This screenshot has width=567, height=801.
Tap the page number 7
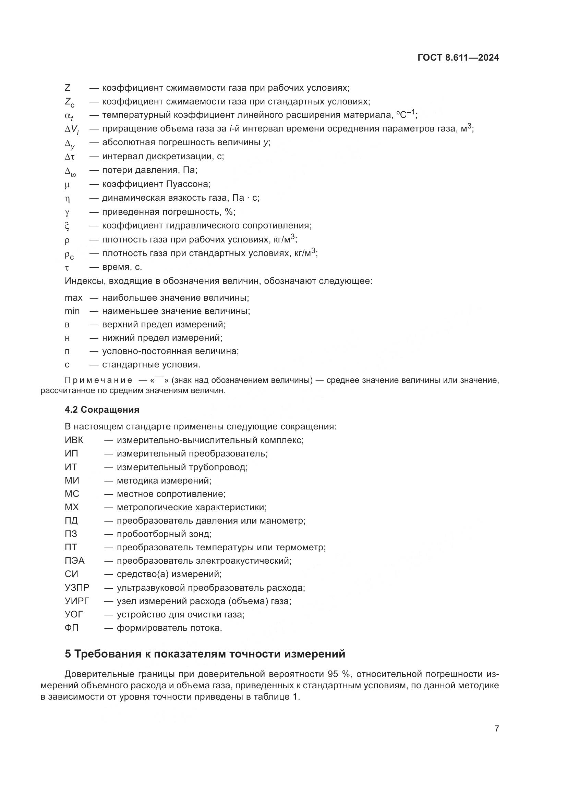point(496,728)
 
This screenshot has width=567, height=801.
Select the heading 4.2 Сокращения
point(102,410)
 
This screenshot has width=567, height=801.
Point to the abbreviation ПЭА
point(74,561)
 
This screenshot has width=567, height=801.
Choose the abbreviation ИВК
point(74,440)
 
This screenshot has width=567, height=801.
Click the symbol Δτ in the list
point(70,157)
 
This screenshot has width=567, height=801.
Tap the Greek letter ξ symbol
point(67,226)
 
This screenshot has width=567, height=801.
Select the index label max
point(73,298)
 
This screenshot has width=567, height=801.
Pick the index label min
point(72,311)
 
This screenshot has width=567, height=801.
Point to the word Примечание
point(98,380)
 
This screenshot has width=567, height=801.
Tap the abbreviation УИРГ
point(77,601)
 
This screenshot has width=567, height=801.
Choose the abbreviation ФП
point(72,628)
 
